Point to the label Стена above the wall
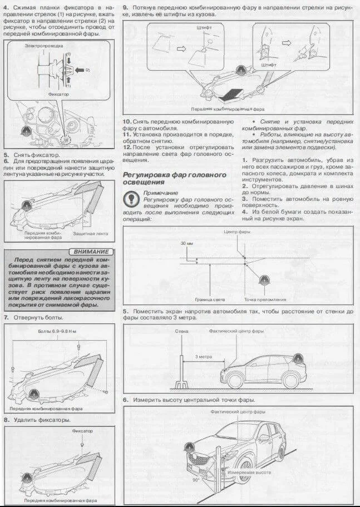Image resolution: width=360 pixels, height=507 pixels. point(181,331)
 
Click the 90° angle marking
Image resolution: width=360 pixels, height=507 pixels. point(195,478)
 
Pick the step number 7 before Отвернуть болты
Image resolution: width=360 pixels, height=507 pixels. point(6,317)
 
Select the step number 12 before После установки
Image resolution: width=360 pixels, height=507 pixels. point(127,147)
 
